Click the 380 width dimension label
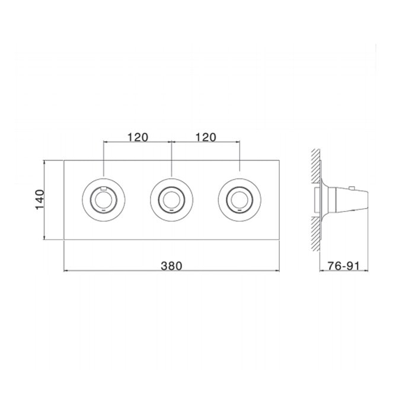click(x=171, y=266)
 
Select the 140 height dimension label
click(x=40, y=200)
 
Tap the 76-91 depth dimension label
click(x=344, y=266)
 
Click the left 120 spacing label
click(x=138, y=138)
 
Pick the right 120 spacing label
click(x=206, y=138)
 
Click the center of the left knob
click(x=104, y=200)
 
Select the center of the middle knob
click(x=171, y=200)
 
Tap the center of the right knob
click(x=240, y=200)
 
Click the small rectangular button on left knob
click(x=104, y=189)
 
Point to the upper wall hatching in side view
click(x=315, y=165)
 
